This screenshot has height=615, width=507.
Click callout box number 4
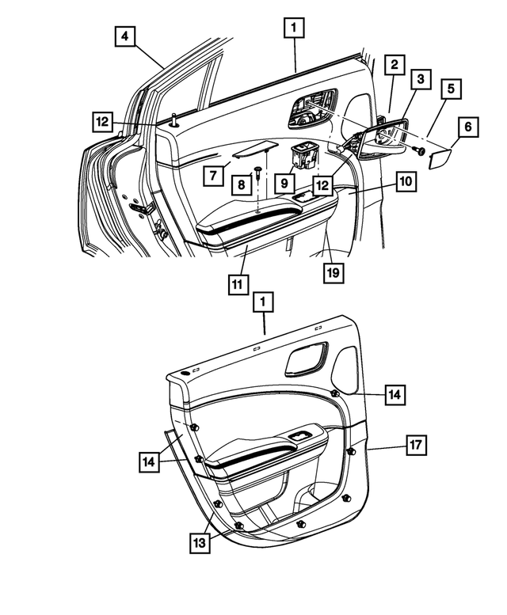(x=125, y=36)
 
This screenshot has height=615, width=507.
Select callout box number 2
(x=394, y=65)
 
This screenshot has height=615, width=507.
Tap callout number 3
(x=421, y=79)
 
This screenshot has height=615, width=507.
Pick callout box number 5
(x=451, y=89)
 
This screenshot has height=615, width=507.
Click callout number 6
(x=467, y=127)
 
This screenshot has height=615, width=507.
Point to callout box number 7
(x=213, y=176)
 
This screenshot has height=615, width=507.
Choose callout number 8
(x=242, y=184)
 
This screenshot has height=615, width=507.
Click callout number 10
(x=406, y=181)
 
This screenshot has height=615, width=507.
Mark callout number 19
(x=334, y=272)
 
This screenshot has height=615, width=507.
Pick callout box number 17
(x=416, y=445)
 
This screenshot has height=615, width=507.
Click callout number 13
(x=200, y=543)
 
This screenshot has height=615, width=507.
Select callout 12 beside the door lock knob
(x=102, y=122)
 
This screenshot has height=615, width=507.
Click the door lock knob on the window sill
(x=173, y=120)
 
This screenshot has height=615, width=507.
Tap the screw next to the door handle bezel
(x=420, y=150)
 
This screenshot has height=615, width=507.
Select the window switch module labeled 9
(x=304, y=155)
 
